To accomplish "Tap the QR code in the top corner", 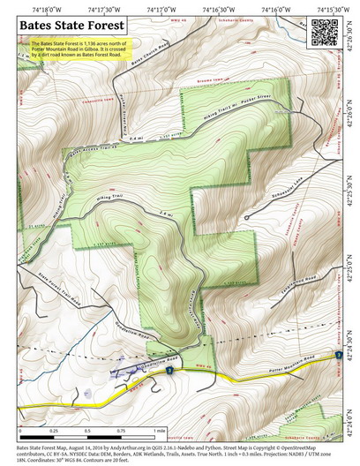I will (325, 32).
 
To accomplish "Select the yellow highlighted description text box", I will (79, 50).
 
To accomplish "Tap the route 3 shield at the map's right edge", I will (338, 355).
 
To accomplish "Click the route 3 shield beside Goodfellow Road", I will (169, 372).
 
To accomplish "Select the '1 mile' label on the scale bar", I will (159, 431).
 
